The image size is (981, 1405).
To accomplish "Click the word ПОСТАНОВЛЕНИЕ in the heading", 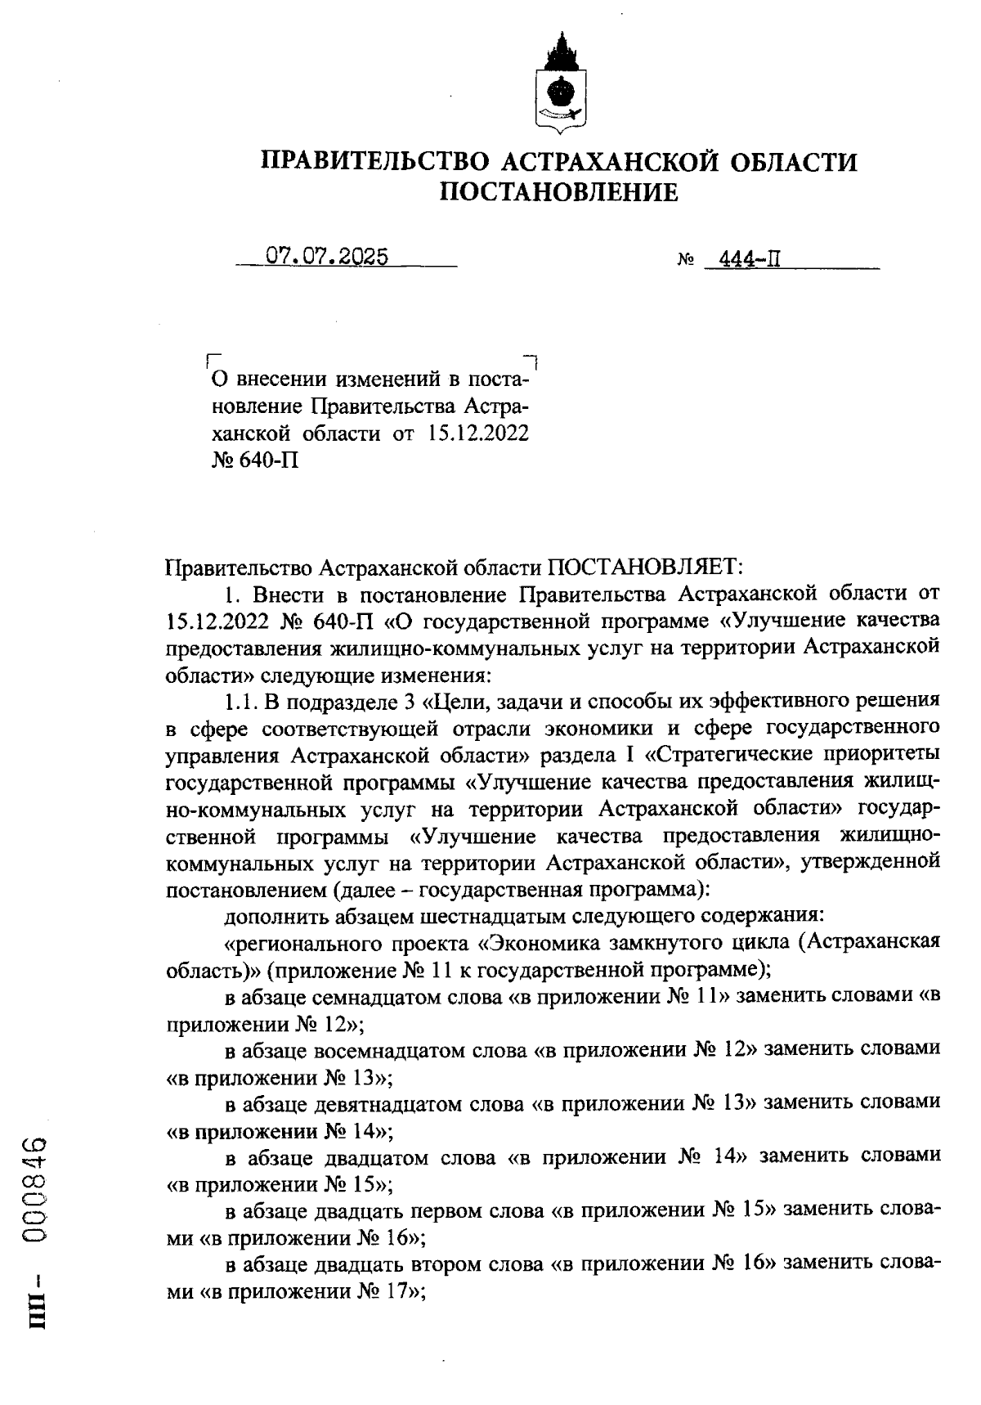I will pos(559,192).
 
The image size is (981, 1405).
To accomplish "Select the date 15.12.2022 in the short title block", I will pos(478,433).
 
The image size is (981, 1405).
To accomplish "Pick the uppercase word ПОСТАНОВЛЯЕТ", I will pos(643,566).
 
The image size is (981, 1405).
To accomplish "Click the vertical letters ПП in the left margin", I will pos(38,1324).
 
